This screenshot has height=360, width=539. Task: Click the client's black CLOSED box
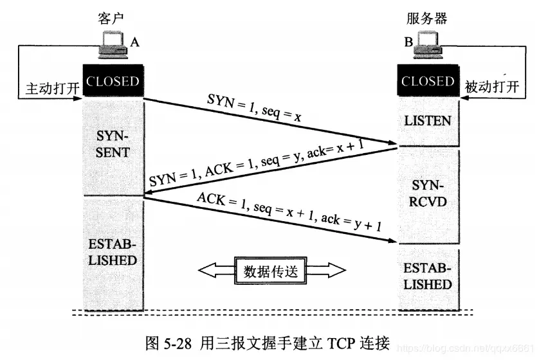coord(113,82)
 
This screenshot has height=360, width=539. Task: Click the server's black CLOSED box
coord(428,82)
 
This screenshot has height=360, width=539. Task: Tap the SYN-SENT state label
coord(113,145)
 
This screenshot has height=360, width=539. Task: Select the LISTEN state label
coord(428,120)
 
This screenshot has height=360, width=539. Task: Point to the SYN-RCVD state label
coord(428,194)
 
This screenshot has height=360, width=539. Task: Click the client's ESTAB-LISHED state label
coord(113,253)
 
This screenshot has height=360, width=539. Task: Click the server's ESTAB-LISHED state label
coord(428,275)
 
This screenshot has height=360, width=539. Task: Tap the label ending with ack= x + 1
coord(257,165)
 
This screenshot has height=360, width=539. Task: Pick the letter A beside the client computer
coord(134,42)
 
